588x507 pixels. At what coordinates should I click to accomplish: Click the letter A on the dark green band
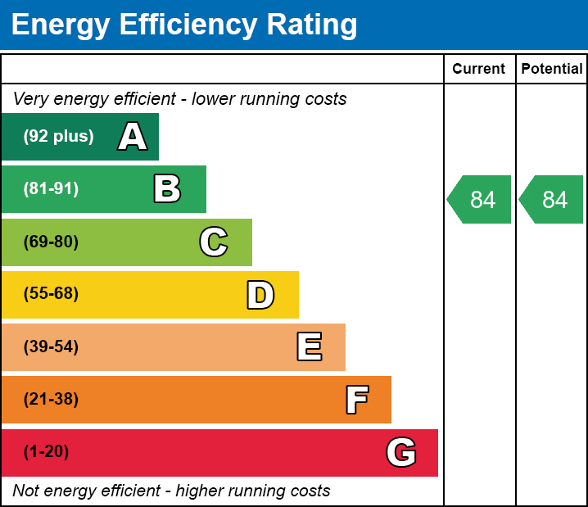pos(133,137)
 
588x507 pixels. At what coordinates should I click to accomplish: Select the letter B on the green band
pos(167,189)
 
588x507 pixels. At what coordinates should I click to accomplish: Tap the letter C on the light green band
pos(214,242)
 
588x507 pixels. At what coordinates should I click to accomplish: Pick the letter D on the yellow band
pos(260,295)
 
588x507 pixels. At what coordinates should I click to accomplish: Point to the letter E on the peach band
pos(309,347)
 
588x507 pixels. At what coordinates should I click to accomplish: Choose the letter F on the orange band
pos(356,400)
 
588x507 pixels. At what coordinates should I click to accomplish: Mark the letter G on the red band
pos(401,452)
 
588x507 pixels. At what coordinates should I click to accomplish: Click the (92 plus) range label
pos(58,137)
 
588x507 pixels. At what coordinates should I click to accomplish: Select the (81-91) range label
pos(51,189)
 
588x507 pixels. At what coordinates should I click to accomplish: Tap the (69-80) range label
pos(51,242)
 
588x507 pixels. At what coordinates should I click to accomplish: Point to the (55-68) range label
pos(51,294)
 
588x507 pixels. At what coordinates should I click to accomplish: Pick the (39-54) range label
pos(51,346)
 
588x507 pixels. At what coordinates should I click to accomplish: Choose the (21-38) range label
pos(51,399)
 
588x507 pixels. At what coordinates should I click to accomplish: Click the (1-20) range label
pos(47,451)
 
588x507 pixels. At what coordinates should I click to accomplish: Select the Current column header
pos(479,69)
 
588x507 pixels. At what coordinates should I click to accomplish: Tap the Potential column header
pos(552,69)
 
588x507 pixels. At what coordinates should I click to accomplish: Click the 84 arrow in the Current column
pos(480,199)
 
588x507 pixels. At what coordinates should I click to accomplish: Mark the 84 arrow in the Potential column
pos(552,199)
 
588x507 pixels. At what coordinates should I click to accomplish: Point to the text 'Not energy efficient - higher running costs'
pos(171,491)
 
